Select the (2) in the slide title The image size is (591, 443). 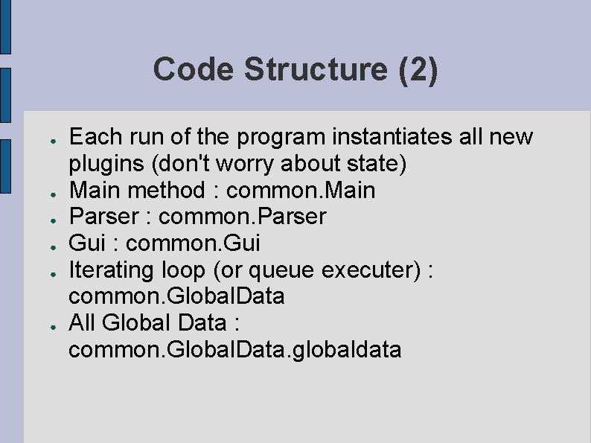418,70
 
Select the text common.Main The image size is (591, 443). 301,191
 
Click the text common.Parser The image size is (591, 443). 243,217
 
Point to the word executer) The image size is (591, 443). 371,270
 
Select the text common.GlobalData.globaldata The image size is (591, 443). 235,349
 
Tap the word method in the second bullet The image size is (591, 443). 170,191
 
